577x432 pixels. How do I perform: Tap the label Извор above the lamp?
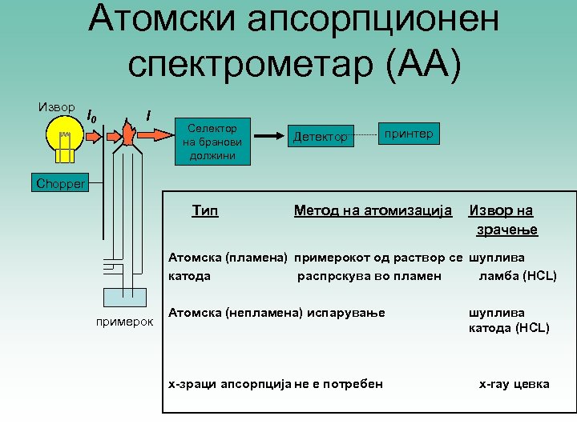pyautogui.click(x=56, y=107)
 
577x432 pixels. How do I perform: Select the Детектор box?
pyautogui.click(x=321, y=138)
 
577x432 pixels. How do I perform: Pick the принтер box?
pyautogui.click(x=409, y=134)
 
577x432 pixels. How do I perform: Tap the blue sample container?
pyautogui.click(x=124, y=297)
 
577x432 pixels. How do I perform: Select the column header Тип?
pyautogui.click(x=205, y=210)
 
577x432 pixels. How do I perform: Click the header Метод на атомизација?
pyautogui.click(x=373, y=210)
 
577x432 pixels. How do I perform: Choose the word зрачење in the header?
pyautogui.click(x=506, y=230)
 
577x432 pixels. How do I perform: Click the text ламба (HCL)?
pyautogui.click(x=517, y=276)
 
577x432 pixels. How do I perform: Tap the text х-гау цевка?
pyautogui.click(x=514, y=384)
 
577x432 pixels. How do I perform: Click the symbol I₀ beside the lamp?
pyautogui.click(x=91, y=118)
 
